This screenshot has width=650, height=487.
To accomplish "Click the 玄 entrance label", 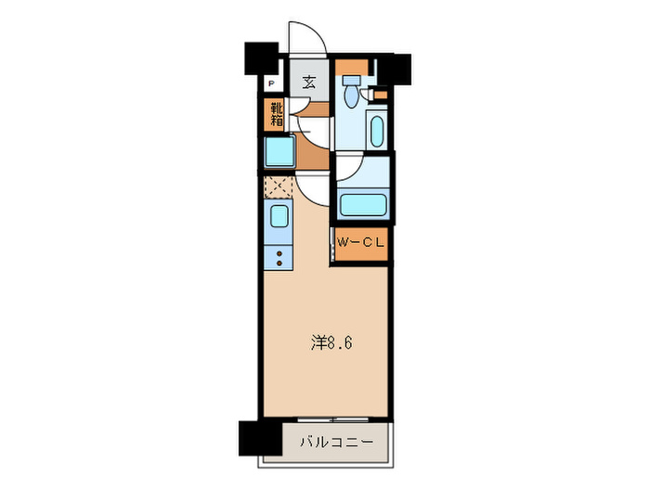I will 307,81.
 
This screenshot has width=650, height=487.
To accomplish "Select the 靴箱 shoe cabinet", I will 277,113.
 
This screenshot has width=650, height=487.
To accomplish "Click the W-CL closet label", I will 360,243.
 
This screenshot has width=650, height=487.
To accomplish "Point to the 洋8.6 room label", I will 331,342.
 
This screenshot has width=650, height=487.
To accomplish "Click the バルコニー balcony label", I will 336,442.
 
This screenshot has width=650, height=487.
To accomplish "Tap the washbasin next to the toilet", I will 376,130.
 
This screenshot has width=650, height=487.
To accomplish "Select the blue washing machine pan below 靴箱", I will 279,150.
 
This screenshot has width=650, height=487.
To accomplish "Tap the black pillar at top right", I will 396,67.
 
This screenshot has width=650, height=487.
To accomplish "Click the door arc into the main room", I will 313,188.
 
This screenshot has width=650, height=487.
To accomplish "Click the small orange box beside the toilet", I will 381,95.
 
